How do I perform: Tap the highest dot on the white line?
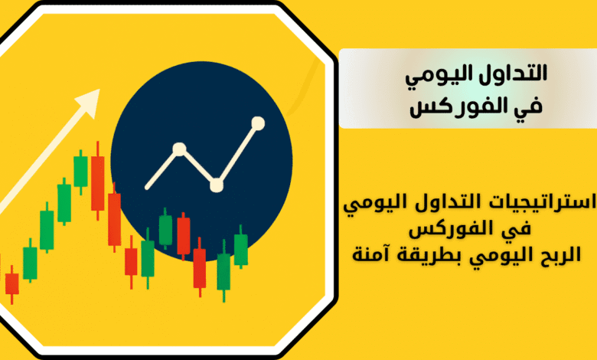[x=258, y=123]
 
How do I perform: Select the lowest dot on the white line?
[x=217, y=185]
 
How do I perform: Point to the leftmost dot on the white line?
[x=179, y=149]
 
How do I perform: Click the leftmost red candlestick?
[x=11, y=284]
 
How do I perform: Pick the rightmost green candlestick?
[x=240, y=247]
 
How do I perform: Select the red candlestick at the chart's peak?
[x=97, y=181]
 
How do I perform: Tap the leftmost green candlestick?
[x=30, y=260]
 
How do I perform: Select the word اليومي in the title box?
[x=451, y=75]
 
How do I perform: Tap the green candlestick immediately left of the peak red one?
[x=80, y=172]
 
